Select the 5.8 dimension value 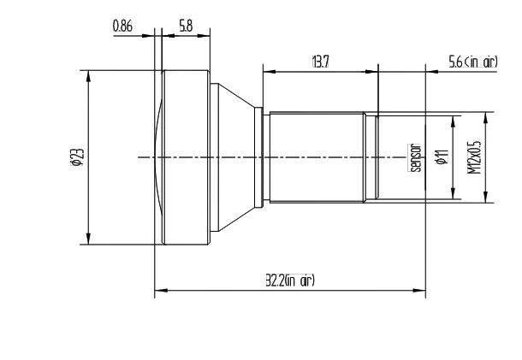[x=186, y=27]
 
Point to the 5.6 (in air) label [x=472, y=63]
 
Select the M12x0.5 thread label [x=473, y=156]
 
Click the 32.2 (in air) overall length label [x=290, y=280]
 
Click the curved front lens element [x=157, y=156]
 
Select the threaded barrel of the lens [x=317, y=156]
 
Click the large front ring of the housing [x=184, y=156]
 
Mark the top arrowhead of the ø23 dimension [x=88, y=74]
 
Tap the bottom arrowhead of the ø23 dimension [x=88, y=240]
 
